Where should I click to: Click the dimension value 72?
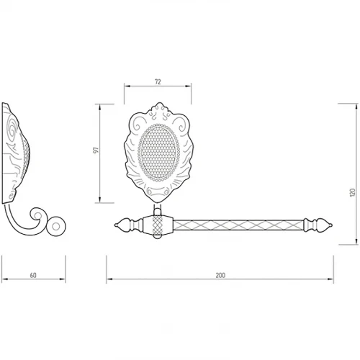click(x=158, y=82)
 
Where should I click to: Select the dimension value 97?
click(x=96, y=150)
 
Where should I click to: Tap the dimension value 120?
click(x=352, y=193)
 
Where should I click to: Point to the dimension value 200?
click(x=220, y=275)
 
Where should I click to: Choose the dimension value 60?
click(x=33, y=275)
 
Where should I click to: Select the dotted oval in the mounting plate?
click(x=158, y=153)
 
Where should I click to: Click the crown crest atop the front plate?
click(x=159, y=109)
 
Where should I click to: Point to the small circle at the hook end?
click(x=56, y=227)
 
